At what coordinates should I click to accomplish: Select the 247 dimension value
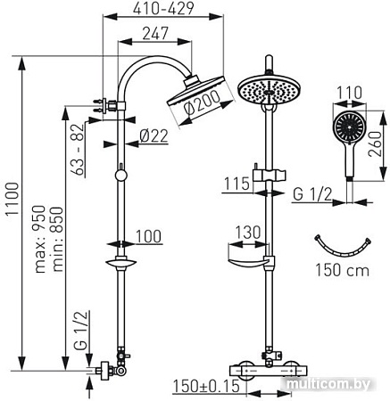[155, 36]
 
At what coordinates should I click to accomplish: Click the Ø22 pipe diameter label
[154, 136]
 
